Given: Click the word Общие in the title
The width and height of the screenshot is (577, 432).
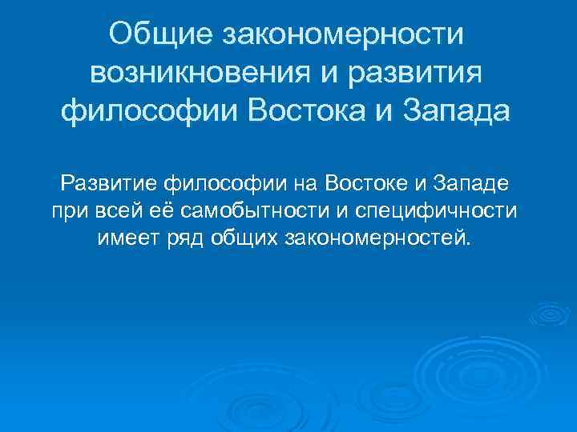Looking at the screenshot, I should coord(160,35).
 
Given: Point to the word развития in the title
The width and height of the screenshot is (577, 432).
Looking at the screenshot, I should coord(415,73).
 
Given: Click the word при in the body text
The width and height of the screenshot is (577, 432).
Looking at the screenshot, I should coord(67,212).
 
